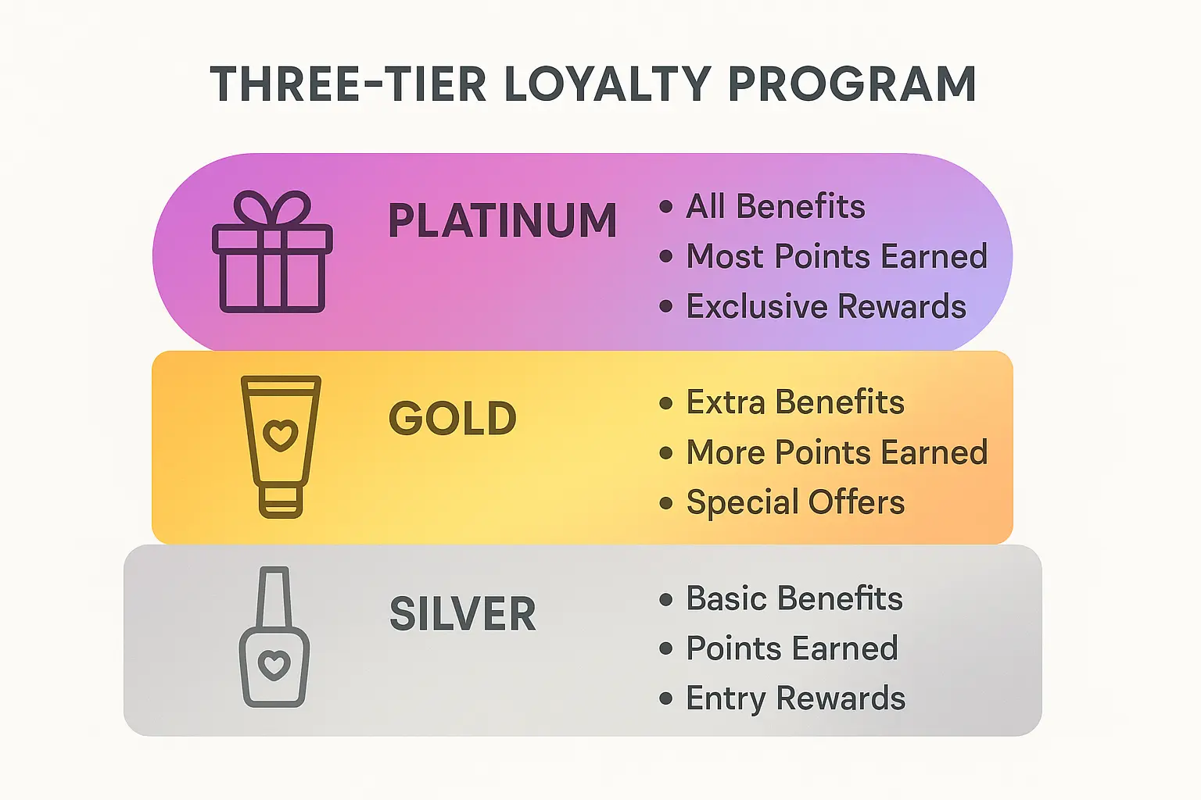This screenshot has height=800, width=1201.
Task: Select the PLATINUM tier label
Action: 503,220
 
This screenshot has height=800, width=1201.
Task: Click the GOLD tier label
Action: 453,419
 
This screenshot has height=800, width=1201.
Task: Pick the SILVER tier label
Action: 463,614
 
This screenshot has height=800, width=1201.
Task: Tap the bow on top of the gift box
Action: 272,209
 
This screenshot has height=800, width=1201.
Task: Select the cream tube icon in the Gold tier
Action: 281,446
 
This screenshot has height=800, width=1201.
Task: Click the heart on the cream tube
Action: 281,434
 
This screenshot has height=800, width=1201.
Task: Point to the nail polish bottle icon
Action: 274,637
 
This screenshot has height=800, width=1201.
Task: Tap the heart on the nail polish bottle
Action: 274,665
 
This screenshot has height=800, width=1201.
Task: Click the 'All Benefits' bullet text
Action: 776,207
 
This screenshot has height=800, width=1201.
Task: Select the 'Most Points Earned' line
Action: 837,257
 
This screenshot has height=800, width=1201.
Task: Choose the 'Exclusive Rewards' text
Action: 826,307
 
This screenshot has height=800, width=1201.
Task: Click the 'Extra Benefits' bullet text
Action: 795,402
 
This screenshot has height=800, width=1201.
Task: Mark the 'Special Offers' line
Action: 795,502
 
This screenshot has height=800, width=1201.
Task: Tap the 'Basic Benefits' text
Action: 794,599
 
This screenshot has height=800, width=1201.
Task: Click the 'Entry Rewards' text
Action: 795,698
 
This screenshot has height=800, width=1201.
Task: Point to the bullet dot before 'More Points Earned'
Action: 666,453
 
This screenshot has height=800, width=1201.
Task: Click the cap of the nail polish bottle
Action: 274,596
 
